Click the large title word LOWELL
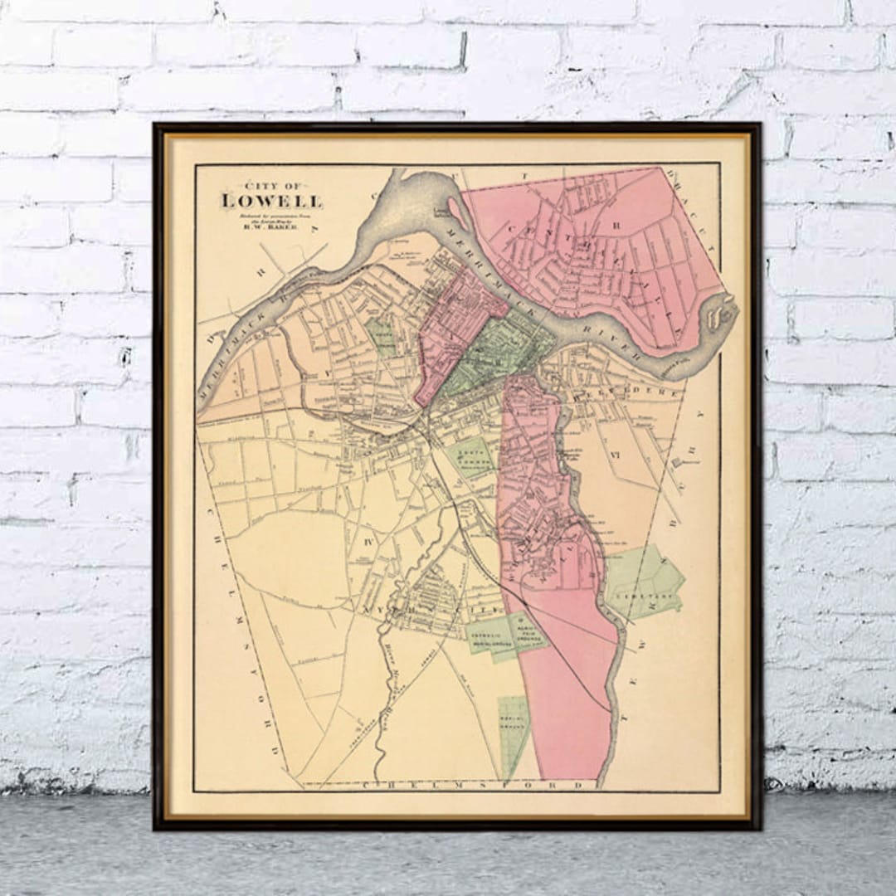272,200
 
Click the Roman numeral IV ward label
370,540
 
